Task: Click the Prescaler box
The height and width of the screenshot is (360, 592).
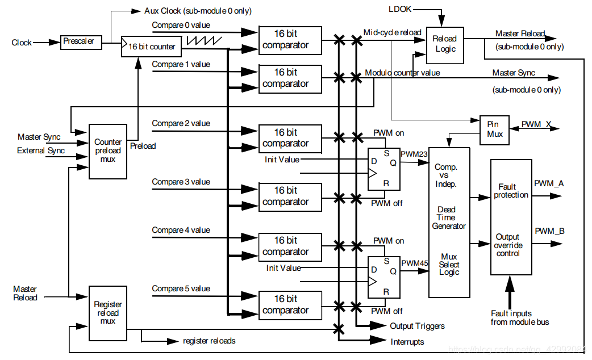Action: click(80, 42)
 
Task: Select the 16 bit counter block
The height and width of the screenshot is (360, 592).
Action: click(151, 46)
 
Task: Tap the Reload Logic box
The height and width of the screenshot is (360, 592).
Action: click(445, 44)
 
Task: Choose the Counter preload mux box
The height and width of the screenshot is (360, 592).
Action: click(108, 150)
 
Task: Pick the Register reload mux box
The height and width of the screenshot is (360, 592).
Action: click(108, 313)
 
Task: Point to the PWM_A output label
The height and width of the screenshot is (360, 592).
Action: click(549, 183)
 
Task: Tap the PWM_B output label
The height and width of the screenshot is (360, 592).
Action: click(549, 231)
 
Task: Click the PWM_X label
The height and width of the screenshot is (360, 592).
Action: click(536, 124)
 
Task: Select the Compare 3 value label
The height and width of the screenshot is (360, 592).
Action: click(181, 182)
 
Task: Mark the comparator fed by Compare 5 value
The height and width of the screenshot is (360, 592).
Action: click(290, 304)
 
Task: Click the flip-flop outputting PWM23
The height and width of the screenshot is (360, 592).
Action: click(383, 169)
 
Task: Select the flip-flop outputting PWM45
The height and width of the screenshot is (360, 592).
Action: click(383, 277)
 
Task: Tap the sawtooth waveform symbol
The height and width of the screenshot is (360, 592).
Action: click(203, 41)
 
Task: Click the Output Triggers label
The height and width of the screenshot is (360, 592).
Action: click(417, 326)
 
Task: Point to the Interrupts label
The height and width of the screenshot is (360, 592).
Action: click(407, 341)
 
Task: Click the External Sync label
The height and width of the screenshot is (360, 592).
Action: click(41, 150)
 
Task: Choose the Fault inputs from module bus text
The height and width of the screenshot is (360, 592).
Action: click(519, 317)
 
